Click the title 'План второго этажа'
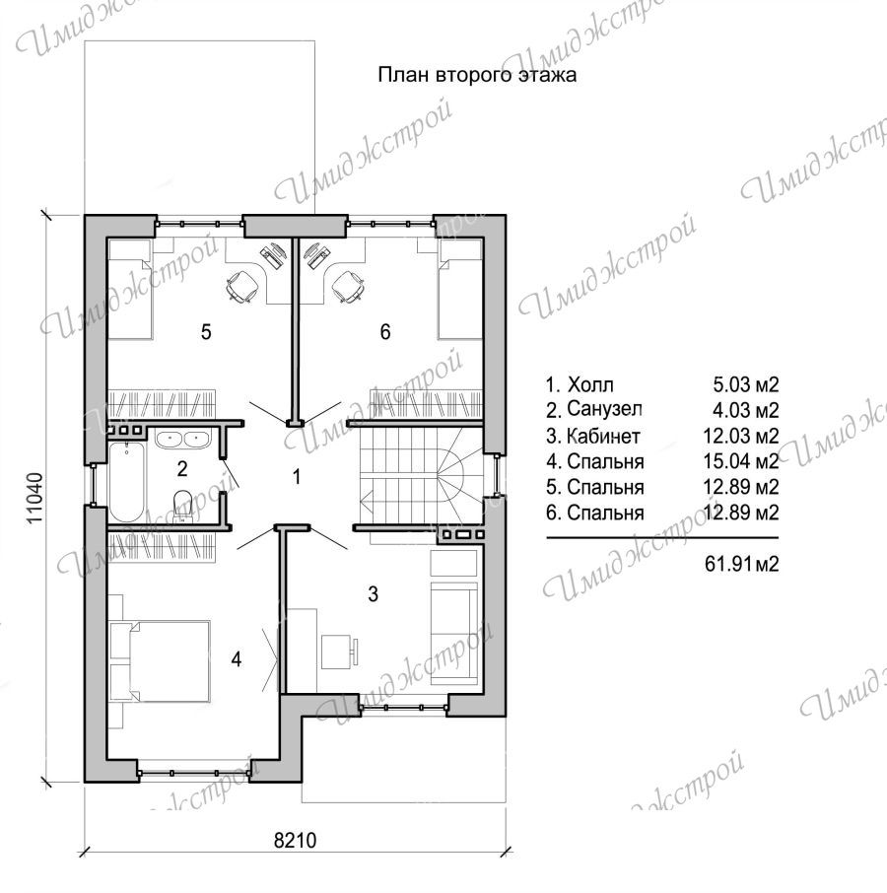477,75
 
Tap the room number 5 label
206,331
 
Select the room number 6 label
385,331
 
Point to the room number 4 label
237,659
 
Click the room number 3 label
373,594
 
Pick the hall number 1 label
296,476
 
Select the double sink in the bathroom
181,439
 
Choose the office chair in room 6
349,285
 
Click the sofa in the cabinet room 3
453,633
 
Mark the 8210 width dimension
295,840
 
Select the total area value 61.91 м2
741,564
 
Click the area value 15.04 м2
741,461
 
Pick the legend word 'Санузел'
604,409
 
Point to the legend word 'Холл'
590,385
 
